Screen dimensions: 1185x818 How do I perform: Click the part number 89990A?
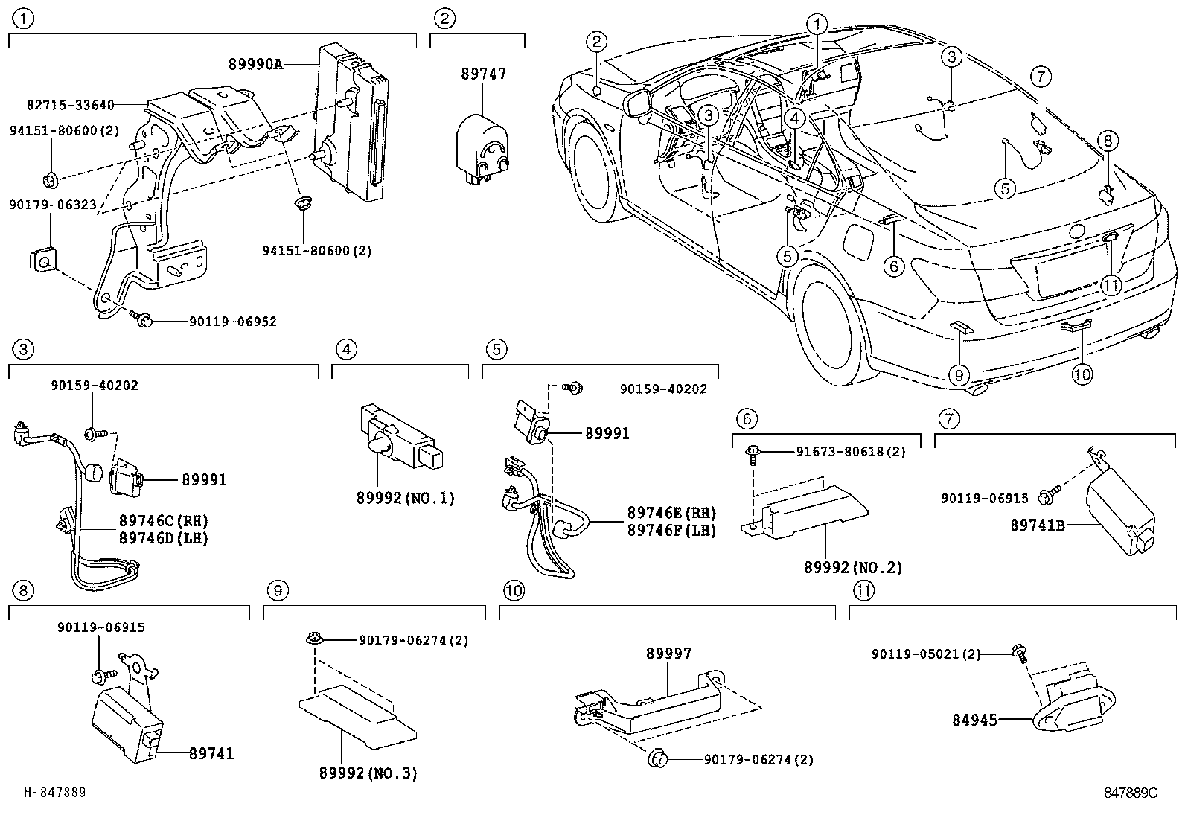click(255, 65)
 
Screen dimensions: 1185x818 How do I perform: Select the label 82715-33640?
click(71, 105)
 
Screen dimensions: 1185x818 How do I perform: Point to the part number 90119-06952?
click(233, 322)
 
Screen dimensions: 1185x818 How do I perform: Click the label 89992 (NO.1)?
click(405, 498)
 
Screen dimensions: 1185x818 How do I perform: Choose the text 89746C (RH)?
click(164, 520)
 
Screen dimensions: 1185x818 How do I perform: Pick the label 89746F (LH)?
click(672, 530)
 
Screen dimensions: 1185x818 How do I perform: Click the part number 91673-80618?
click(842, 451)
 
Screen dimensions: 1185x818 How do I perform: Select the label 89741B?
click(1038, 525)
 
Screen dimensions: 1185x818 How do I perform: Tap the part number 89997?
click(668, 654)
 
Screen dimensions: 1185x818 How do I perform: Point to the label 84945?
click(974, 720)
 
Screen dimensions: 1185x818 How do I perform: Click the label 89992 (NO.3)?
click(368, 773)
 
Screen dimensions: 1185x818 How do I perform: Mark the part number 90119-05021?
click(916, 654)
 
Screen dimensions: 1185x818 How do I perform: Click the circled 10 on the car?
click(1082, 374)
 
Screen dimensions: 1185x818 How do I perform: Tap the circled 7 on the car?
click(1041, 77)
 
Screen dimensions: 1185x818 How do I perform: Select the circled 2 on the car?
click(597, 41)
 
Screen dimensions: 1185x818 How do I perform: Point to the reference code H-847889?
click(55, 792)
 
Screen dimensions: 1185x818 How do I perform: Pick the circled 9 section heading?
click(278, 590)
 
